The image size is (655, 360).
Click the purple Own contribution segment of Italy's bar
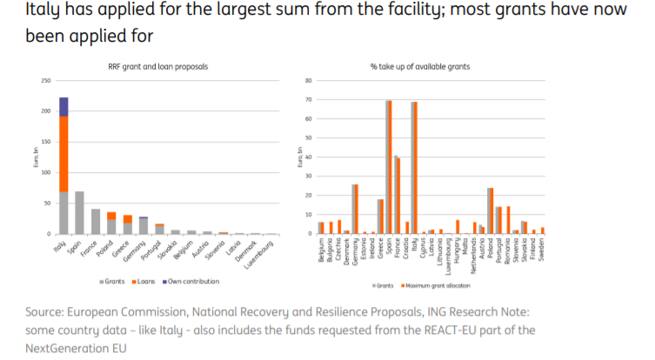(63, 106)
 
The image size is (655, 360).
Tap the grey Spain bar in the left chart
(79, 213)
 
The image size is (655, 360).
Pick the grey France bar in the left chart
(95, 222)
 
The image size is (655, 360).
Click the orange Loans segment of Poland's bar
(111, 216)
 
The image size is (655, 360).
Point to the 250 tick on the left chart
(46, 81)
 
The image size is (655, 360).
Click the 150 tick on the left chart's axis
(46, 142)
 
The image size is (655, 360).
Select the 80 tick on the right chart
(308, 81)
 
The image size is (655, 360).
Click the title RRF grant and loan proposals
(163, 67)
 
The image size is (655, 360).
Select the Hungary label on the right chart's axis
(456, 250)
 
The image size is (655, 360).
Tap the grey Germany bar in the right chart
(353, 209)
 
